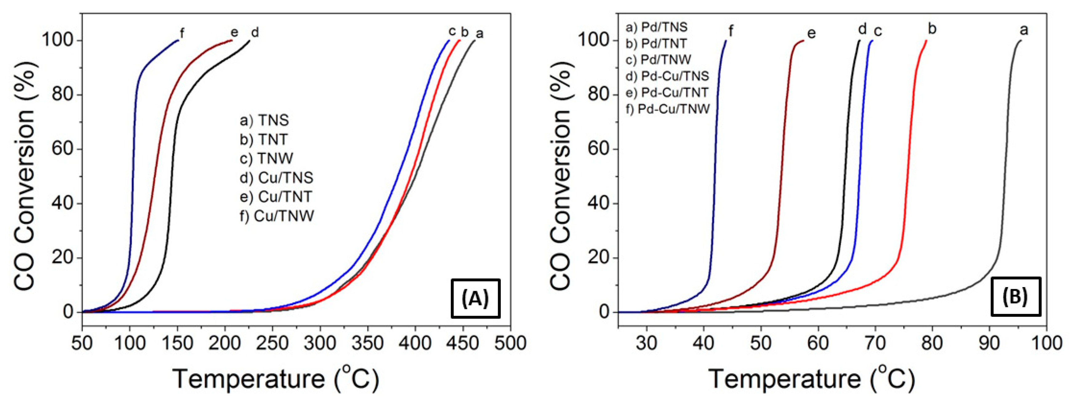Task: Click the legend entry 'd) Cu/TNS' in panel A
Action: [x=276, y=178]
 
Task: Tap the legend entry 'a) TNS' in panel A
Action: [x=264, y=120]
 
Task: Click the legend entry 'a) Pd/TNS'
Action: [x=656, y=27]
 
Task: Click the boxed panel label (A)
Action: [x=475, y=298]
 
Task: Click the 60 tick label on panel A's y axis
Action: [x=63, y=149]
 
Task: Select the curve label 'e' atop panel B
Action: [x=811, y=33]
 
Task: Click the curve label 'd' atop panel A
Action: [x=255, y=32]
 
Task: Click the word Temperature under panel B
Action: [x=784, y=379]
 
